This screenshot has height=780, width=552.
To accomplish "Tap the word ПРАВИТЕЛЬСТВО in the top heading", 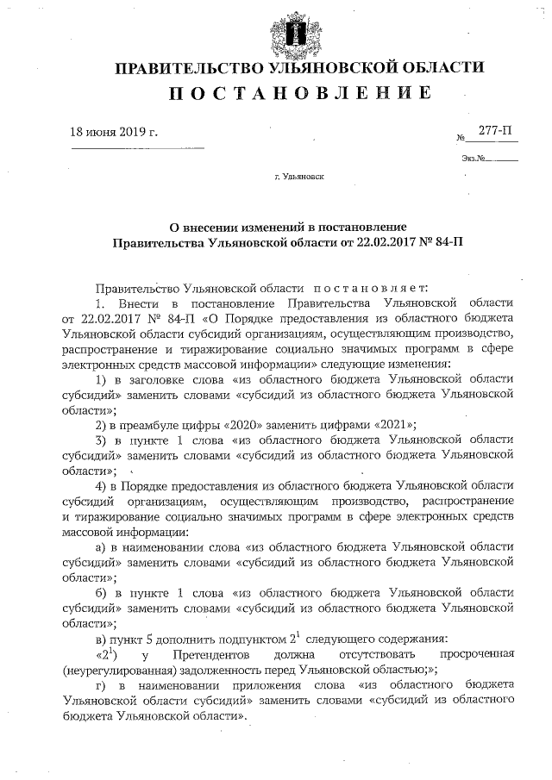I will pos(191,67).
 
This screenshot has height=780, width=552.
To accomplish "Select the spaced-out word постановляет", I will pos(363,287).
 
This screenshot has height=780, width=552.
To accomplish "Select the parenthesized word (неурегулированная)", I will pos(118,670).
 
